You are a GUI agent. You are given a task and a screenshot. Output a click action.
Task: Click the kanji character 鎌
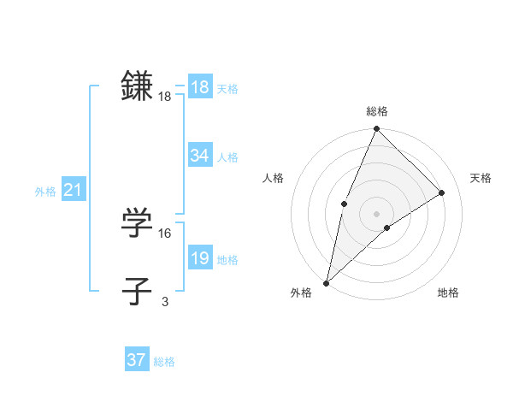[137, 86]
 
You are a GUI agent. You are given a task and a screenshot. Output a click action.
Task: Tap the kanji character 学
[137, 222]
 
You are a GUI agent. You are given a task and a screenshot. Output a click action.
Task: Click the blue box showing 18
[199, 87]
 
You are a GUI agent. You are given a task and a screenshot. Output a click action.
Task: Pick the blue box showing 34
[199, 156]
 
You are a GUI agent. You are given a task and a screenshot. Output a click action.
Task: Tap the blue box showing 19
[199, 258]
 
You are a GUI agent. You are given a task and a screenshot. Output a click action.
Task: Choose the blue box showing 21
[73, 191]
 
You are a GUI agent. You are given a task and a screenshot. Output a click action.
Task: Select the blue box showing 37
[136, 360]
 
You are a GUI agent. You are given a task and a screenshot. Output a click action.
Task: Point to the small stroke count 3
[164, 301]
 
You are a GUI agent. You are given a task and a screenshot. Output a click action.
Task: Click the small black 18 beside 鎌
[164, 97]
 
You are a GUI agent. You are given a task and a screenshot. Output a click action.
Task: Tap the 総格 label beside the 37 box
[164, 362]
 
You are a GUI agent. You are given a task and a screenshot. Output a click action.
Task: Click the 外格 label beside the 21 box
[45, 192]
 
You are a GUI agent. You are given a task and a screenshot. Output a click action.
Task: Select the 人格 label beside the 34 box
[227, 157]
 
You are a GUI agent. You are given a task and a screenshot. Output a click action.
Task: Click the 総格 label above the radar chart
[377, 111]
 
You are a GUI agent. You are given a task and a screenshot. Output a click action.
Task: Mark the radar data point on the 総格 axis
[377, 130]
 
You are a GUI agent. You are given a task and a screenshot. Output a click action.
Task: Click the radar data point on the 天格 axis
[442, 192]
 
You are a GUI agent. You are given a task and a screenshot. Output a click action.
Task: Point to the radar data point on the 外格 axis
[326, 283]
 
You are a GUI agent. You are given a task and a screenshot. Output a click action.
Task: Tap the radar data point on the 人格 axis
[344, 204]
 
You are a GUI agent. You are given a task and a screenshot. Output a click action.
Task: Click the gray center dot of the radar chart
[376, 214]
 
